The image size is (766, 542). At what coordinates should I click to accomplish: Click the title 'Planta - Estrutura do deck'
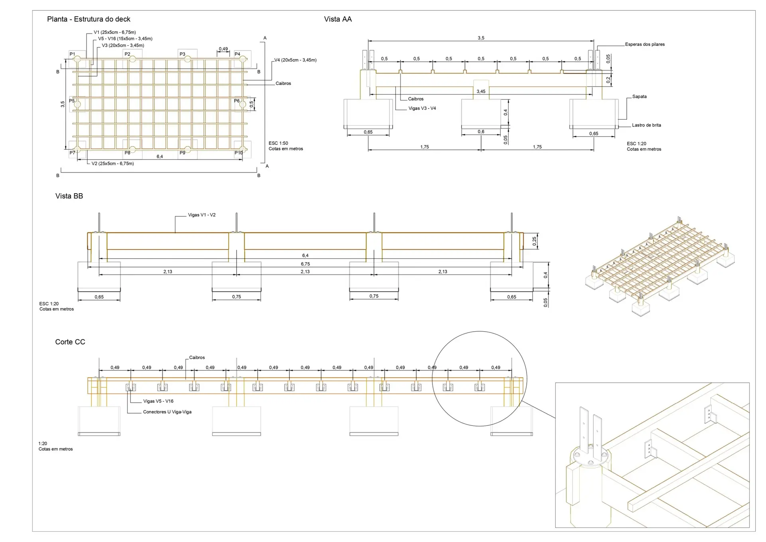[89, 19]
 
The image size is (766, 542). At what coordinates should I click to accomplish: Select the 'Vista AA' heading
[338, 19]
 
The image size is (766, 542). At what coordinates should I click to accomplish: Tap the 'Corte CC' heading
[70, 342]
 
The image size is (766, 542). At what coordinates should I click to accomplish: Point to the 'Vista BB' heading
[69, 196]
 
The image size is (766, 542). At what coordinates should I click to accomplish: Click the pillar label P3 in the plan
[182, 54]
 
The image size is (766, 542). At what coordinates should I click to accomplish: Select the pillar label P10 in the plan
[239, 153]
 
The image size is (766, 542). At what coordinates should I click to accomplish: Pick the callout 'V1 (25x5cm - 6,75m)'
[115, 32]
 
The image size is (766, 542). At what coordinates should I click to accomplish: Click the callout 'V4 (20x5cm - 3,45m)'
[295, 60]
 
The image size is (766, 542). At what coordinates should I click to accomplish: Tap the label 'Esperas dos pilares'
[645, 44]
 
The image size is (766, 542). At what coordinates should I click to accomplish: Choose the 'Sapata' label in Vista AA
[639, 97]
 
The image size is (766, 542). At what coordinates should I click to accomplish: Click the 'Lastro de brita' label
[646, 125]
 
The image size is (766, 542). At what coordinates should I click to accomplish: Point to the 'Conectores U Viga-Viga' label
[167, 412]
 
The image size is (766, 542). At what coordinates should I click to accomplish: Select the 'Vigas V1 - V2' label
[201, 215]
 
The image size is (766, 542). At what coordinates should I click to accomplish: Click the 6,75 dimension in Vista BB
[305, 264]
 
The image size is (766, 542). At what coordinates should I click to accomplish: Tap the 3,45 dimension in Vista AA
[481, 91]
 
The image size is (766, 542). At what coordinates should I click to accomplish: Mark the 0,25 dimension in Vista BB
[534, 241]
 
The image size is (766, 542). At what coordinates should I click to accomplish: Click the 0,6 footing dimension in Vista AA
[481, 132]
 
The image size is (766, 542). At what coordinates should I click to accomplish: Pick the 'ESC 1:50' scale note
[278, 143]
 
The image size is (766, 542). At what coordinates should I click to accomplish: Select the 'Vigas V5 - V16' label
[158, 401]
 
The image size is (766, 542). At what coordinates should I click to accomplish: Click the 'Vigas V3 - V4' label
[422, 109]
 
